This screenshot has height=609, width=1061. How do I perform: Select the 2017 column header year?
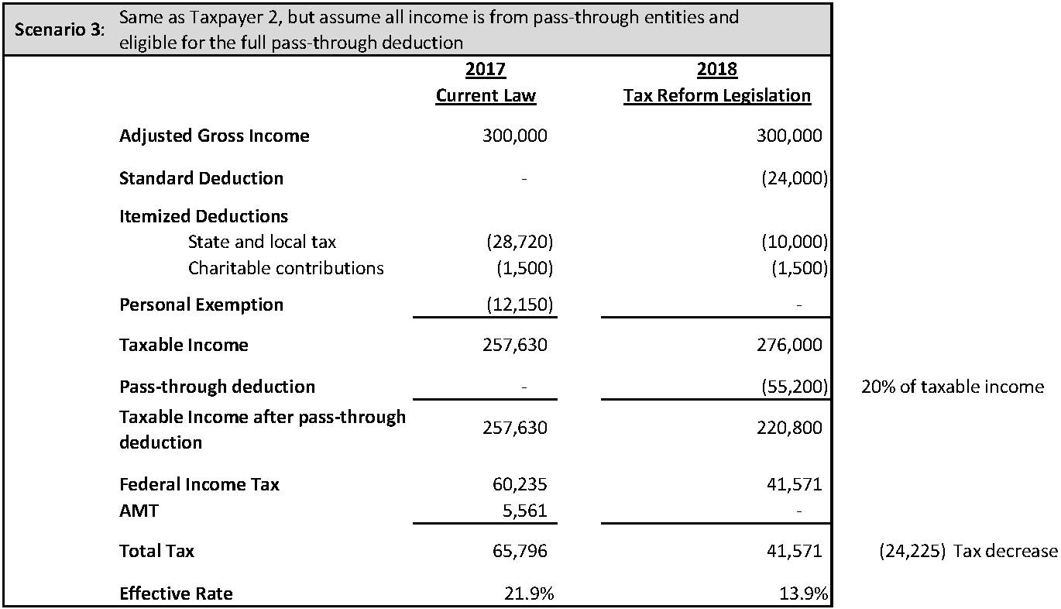point(486,70)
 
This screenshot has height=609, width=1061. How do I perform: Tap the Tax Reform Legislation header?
point(717,95)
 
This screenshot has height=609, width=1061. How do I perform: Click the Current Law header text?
point(486,95)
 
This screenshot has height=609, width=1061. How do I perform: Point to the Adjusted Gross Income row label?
point(214,136)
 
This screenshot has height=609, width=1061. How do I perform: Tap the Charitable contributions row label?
point(286,268)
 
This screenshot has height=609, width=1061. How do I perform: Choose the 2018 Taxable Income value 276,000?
point(789,345)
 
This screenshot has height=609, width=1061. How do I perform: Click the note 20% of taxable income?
point(953,387)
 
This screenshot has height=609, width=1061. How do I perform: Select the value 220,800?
point(789,428)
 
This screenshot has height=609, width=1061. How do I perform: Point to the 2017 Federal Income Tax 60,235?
point(520,484)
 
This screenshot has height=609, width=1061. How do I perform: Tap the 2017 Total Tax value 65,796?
point(520,552)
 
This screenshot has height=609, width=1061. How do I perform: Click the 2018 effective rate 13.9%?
point(805,594)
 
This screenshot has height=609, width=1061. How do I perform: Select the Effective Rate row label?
point(176,594)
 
